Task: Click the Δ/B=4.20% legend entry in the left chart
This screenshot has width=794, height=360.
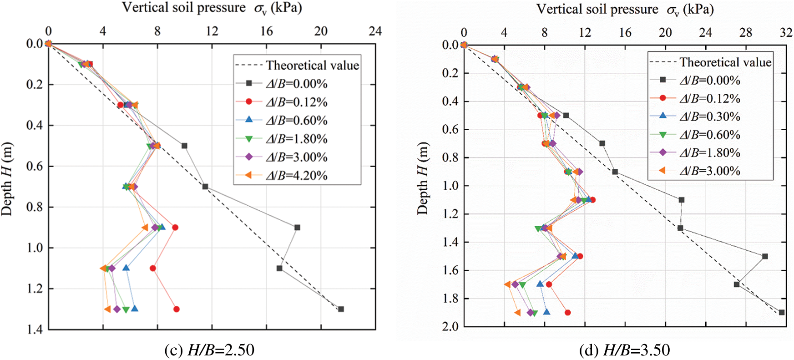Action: pyautogui.click(x=296, y=175)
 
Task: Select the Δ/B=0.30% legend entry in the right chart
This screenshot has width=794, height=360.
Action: pyautogui.click(x=709, y=117)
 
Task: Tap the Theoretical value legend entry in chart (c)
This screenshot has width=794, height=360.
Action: pyautogui.click(x=312, y=66)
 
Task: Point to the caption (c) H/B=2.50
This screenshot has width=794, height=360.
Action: pyautogui.click(x=209, y=350)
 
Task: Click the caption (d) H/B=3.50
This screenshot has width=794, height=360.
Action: pyautogui.click(x=624, y=350)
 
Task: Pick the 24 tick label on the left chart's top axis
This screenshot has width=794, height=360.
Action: pyautogui.click(x=375, y=31)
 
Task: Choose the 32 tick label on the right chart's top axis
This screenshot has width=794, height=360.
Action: pyautogui.click(x=785, y=32)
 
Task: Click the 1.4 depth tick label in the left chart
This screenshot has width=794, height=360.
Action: pyautogui.click(x=34, y=329)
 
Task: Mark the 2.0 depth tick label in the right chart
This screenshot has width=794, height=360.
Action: pyautogui.click(x=450, y=326)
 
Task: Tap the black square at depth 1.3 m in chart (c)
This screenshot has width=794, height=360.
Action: pyautogui.click(x=341, y=309)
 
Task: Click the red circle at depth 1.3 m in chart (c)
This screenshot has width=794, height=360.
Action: pyautogui.click(x=177, y=309)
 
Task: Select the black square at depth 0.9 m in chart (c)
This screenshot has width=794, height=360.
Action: pyautogui.click(x=297, y=227)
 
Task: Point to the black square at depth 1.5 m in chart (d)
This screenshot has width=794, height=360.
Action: pyautogui.click(x=765, y=256)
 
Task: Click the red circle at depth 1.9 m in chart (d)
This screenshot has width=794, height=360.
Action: pyautogui.click(x=567, y=313)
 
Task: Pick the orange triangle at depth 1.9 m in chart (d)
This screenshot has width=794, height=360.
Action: pyautogui.click(x=517, y=313)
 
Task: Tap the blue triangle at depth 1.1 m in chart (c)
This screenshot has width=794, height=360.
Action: pyautogui.click(x=126, y=268)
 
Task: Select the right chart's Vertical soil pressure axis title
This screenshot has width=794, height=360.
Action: pyautogui.click(x=625, y=10)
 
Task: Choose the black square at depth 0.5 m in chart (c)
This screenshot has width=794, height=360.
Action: pyautogui.click(x=184, y=146)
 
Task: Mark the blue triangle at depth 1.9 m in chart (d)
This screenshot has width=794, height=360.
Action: pyautogui.click(x=546, y=312)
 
